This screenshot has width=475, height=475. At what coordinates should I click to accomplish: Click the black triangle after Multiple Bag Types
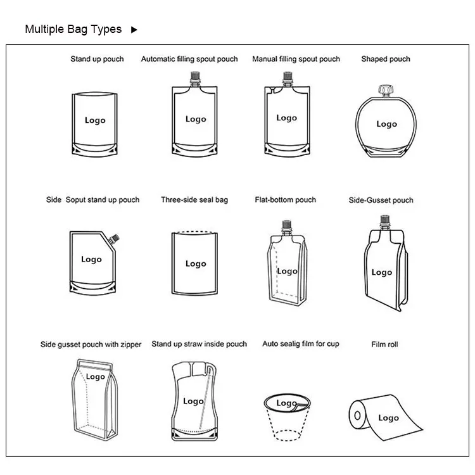pos(134,30)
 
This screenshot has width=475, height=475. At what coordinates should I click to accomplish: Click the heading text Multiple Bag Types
pos(73,29)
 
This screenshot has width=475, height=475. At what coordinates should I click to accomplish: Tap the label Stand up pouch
pos(98,59)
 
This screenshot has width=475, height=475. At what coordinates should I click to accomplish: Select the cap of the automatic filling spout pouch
pos(195,77)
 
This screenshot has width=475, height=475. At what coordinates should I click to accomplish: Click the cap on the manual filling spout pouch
pos(288,77)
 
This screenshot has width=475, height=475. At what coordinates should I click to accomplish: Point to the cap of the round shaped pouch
pos(386,90)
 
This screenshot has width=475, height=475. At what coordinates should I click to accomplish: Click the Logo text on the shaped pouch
pos(386,124)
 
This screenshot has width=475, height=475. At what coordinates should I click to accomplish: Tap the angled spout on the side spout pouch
pos(114,239)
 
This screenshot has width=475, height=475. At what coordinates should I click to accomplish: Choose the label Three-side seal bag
pos(194,200)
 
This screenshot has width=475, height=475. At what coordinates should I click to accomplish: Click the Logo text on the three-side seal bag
pos(196,263)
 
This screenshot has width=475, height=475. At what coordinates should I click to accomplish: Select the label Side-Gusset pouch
pos(381,200)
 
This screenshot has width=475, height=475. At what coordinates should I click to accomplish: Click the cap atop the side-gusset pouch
pos(384,220)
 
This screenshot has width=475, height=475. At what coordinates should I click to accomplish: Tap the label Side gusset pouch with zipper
pos(91,345)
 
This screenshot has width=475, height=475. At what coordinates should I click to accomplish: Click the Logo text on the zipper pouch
pos(96,377)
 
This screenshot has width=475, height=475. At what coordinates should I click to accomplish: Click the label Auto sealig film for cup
pos(300,344)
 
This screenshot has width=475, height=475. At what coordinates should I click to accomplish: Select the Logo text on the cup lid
pos(286,403)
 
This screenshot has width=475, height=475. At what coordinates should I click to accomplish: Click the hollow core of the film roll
pos(357,415)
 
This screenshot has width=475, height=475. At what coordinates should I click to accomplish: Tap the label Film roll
pos(384,345)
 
